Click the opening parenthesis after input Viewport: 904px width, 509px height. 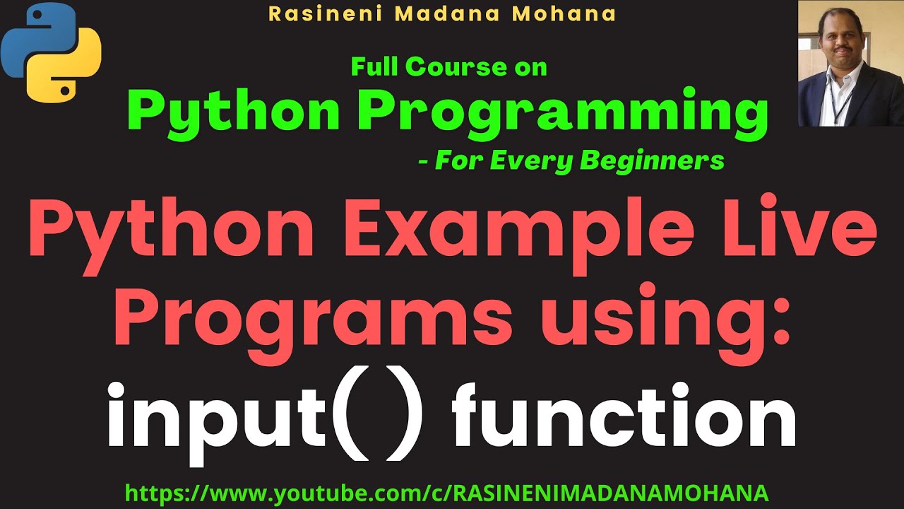tap(345, 416)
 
